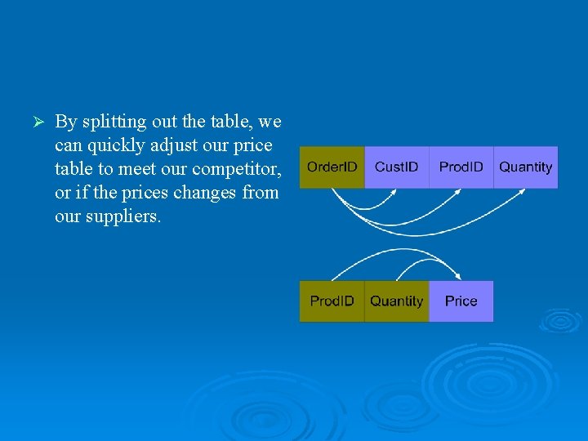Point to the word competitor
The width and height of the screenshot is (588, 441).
(236, 170)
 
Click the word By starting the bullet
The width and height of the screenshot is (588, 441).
(65, 122)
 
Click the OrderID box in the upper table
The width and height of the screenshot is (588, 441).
(332, 167)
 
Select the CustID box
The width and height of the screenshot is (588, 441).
(396, 167)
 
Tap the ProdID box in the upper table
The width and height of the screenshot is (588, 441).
(461, 167)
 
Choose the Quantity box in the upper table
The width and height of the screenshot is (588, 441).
(525, 167)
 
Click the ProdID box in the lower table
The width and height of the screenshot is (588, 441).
(332, 301)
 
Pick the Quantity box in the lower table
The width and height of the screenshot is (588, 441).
(396, 301)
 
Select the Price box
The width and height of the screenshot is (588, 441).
(461, 301)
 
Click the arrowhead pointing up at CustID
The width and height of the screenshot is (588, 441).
(398, 192)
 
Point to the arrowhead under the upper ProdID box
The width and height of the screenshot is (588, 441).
(462, 192)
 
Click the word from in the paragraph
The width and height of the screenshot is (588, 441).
(263, 194)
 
